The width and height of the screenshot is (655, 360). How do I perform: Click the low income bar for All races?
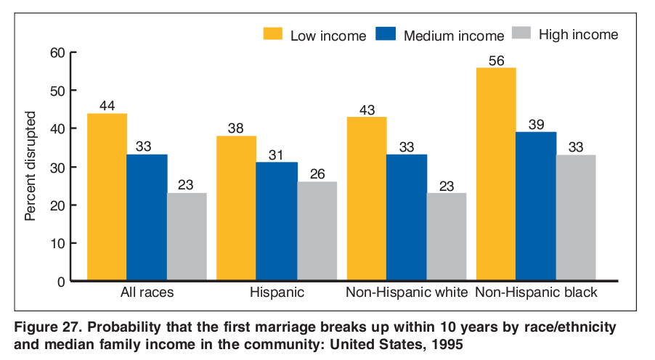click(x=107, y=197)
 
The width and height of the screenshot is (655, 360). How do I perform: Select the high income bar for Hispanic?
click(x=317, y=231)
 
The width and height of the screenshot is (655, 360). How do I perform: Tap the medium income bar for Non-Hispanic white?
click(x=406, y=217)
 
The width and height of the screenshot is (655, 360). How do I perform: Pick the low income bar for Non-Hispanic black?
click(x=496, y=174)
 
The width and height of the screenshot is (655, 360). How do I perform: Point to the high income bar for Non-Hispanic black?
click(x=576, y=217)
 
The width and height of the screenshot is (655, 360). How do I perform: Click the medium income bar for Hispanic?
click(x=277, y=221)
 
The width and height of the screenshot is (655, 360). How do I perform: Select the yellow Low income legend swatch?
click(x=272, y=34)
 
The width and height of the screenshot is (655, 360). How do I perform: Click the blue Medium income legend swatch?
click(x=385, y=34)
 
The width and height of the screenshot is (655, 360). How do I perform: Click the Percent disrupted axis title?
click(x=30, y=166)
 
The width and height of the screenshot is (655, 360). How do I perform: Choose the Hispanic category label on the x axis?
click(x=277, y=293)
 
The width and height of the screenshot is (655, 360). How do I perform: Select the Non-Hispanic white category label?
click(x=406, y=293)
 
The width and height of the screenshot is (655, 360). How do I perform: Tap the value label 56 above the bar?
click(x=496, y=60)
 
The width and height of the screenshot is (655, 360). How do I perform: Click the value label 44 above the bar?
click(x=107, y=106)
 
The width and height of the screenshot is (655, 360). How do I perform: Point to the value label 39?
click(x=536, y=124)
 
